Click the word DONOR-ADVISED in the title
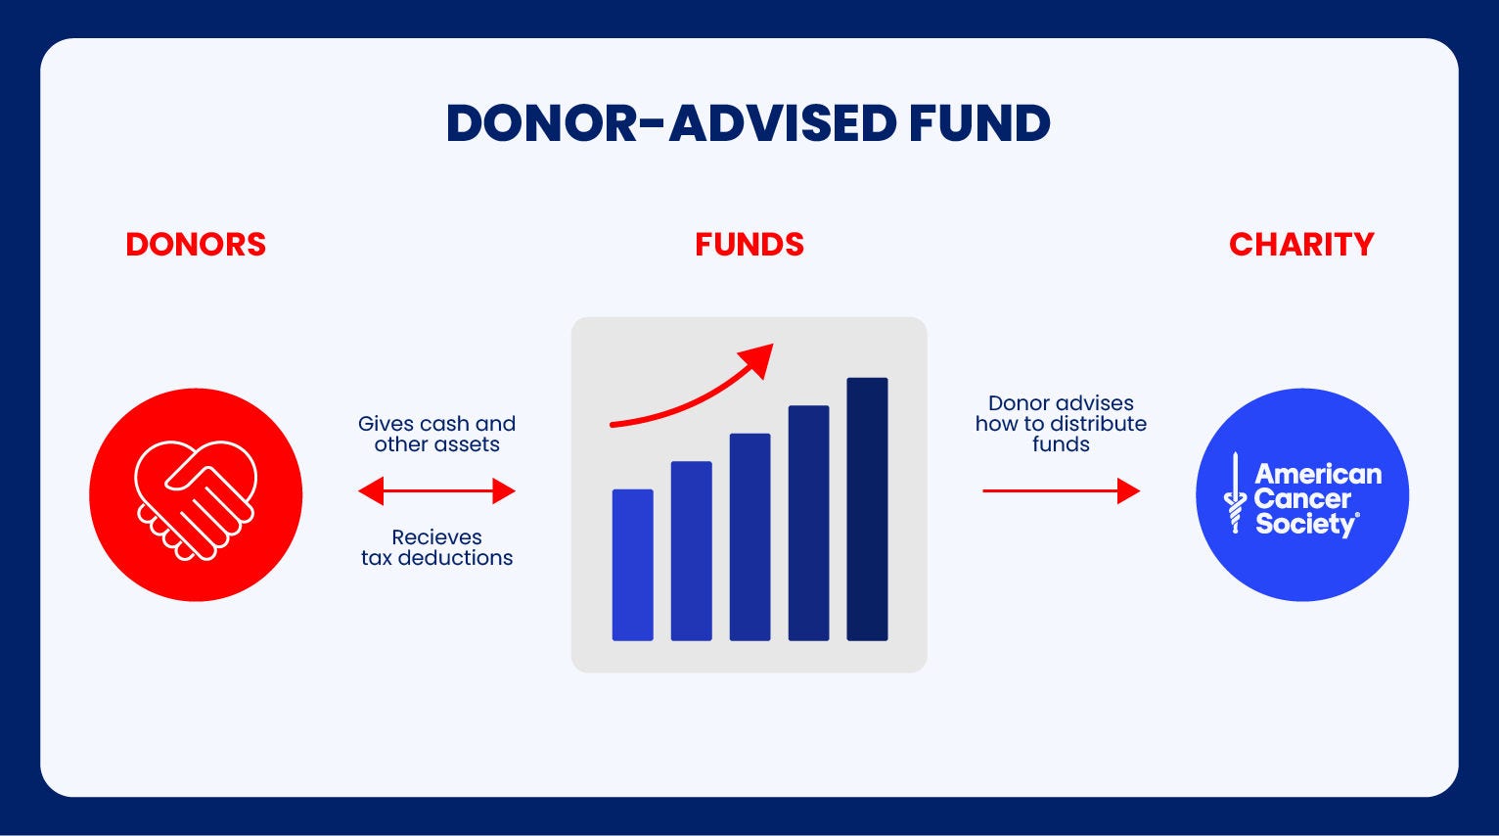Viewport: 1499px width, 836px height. coord(671,123)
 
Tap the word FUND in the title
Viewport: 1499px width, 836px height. coord(980,123)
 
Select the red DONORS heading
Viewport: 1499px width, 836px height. coord(196,245)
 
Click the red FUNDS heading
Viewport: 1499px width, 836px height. coord(749,245)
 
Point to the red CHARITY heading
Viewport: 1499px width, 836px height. coord(1301,245)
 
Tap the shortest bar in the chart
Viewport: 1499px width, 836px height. coord(632,565)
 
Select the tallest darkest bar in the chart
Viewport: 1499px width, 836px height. coord(867,509)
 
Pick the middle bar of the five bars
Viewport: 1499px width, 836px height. coord(749,536)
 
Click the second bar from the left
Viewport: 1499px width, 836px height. coord(691,551)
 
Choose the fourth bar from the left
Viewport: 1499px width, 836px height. coord(808,523)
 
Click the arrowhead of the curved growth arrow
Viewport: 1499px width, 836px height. coord(758,359)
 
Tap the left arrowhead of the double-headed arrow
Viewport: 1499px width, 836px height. coord(371,490)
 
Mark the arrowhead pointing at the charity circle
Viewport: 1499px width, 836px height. coord(1128,490)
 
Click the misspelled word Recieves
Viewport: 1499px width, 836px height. coord(436,536)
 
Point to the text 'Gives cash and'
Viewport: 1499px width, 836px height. coord(436,424)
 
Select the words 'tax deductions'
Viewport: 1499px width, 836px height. coord(436,558)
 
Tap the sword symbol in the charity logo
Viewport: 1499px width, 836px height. coord(1235,493)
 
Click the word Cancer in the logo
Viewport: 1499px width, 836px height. coord(1301,498)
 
